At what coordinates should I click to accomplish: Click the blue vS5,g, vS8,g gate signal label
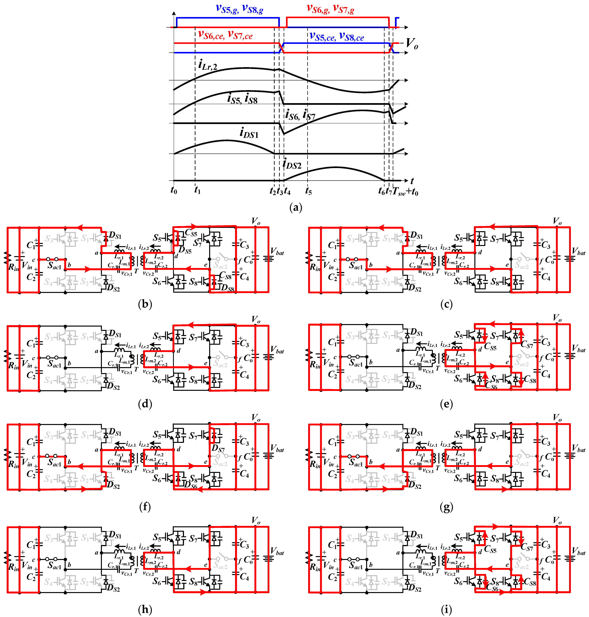click(240, 9)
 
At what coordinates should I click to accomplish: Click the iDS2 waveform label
click(292, 164)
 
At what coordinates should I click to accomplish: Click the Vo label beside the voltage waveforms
click(412, 44)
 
